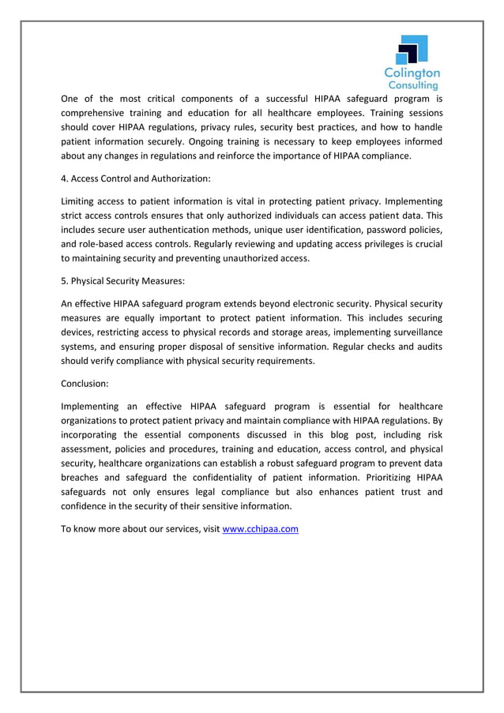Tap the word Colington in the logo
[x=412, y=73]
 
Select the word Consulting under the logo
[x=412, y=85]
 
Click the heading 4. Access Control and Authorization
[x=136, y=178]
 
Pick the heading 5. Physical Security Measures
[x=122, y=280]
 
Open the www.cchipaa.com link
[x=261, y=529]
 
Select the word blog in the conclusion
[x=338, y=434]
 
